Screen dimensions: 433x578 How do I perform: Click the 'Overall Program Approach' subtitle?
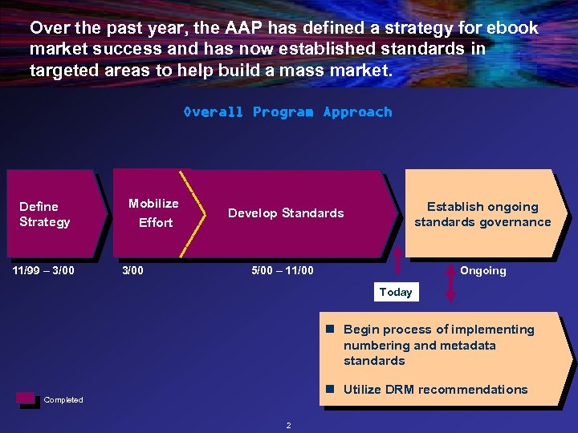(x=287, y=112)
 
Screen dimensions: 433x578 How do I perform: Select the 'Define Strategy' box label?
(x=45, y=214)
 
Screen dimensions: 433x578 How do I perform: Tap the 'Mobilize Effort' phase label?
(x=154, y=212)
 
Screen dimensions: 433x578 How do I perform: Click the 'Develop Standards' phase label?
(x=286, y=213)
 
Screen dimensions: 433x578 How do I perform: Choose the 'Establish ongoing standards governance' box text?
(x=482, y=214)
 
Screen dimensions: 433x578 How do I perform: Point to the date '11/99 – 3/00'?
(x=43, y=270)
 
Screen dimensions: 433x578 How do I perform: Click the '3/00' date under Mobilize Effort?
(x=132, y=270)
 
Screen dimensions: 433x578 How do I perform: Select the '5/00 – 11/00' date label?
(x=283, y=270)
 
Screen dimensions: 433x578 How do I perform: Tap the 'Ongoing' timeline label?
(x=482, y=271)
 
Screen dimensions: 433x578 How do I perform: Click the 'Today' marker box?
(x=395, y=292)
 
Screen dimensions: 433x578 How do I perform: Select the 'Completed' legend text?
(x=63, y=400)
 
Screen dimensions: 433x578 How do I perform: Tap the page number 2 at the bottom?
(x=289, y=425)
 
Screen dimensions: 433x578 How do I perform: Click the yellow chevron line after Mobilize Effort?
(x=189, y=212)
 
